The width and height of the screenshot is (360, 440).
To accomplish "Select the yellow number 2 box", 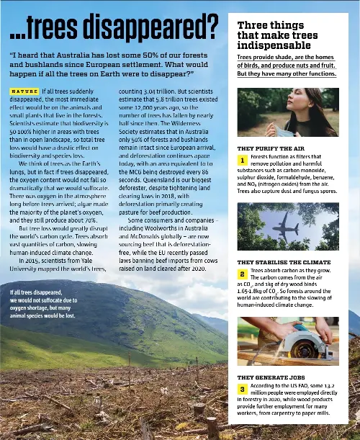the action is pyautogui.click(x=243, y=274).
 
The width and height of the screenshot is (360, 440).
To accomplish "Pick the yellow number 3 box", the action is pyautogui.click(x=243, y=389).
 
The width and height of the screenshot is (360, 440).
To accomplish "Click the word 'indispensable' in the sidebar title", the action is pyautogui.click(x=276, y=45).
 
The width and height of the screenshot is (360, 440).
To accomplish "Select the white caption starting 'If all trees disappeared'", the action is pyautogui.click(x=43, y=303).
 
